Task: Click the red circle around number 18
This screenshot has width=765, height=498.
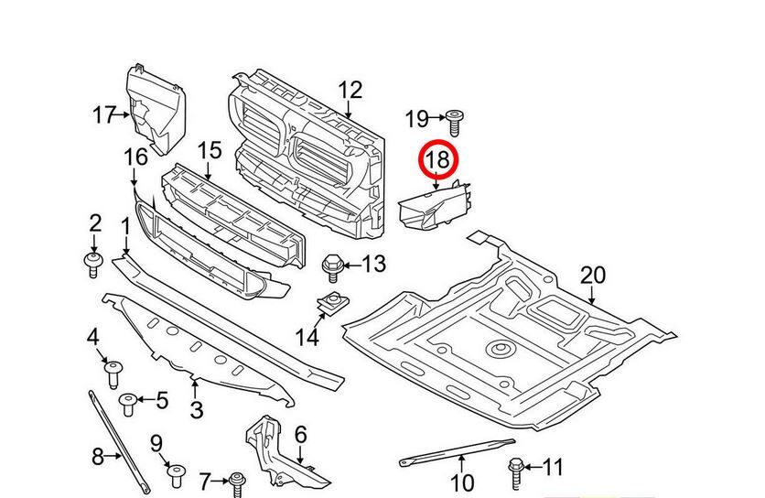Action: tap(437, 160)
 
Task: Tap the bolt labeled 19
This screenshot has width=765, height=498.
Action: tap(455, 118)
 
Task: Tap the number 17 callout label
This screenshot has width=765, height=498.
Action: tap(104, 115)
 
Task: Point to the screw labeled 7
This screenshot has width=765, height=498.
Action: tap(237, 481)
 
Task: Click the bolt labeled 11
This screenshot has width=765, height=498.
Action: tap(518, 471)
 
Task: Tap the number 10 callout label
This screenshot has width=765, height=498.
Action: tap(462, 482)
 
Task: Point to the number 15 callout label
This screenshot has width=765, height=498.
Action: tap(210, 147)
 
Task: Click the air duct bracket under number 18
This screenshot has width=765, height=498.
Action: tap(434, 207)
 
